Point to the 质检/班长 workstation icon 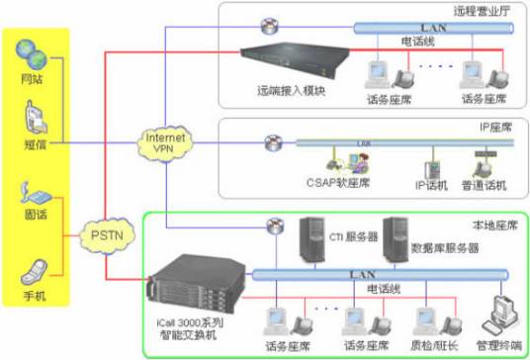tap(432, 321)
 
